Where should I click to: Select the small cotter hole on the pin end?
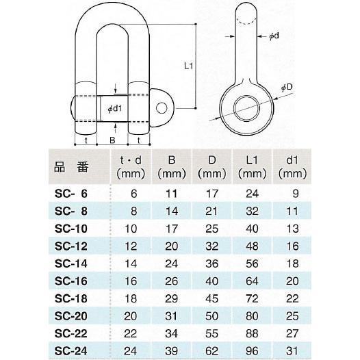(164, 107)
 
